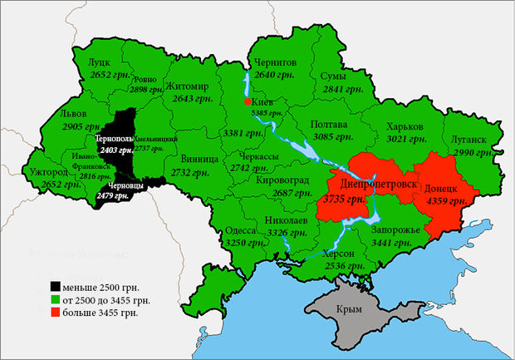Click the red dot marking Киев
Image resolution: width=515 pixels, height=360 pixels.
tap(247, 101)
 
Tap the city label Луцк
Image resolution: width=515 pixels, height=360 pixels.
tap(99, 62)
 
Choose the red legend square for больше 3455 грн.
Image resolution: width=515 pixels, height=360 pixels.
tap(55, 313)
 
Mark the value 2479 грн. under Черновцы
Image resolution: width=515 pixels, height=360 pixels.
tap(115, 196)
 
